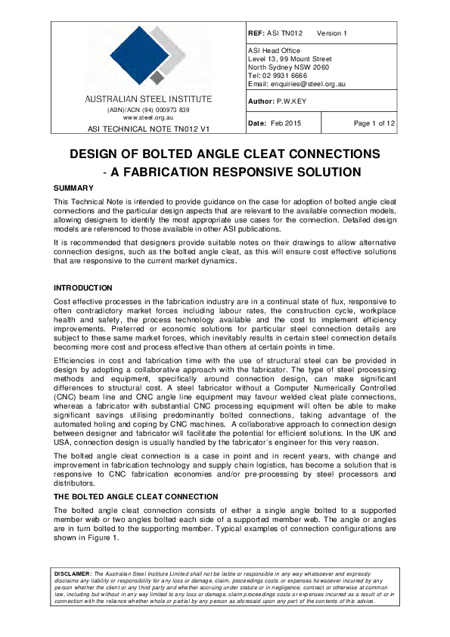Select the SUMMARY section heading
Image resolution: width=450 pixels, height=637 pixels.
(x=73, y=188)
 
